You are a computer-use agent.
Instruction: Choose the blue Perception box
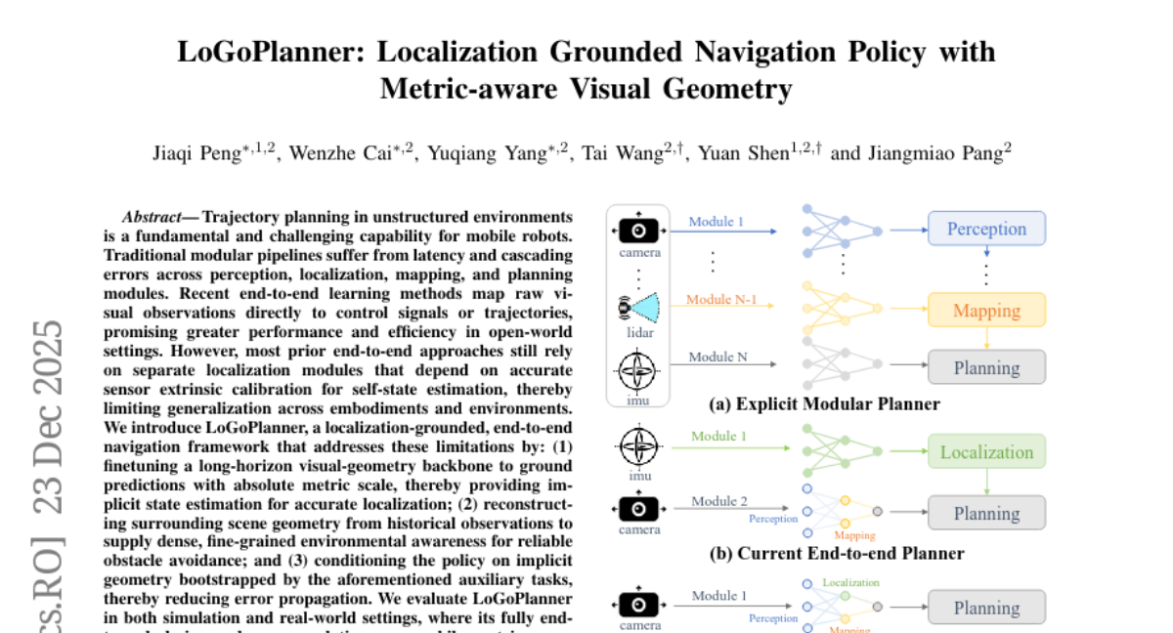tap(986, 229)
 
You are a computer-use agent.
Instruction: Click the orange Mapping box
tap(986, 311)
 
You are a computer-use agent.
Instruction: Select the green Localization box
tap(986, 452)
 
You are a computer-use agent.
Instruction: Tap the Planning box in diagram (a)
tap(986, 368)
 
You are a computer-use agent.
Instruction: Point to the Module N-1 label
tap(722, 299)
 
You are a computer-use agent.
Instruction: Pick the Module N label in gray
tap(717, 357)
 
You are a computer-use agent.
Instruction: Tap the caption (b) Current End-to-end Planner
tap(837, 553)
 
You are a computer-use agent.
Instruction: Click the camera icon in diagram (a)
tap(638, 231)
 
